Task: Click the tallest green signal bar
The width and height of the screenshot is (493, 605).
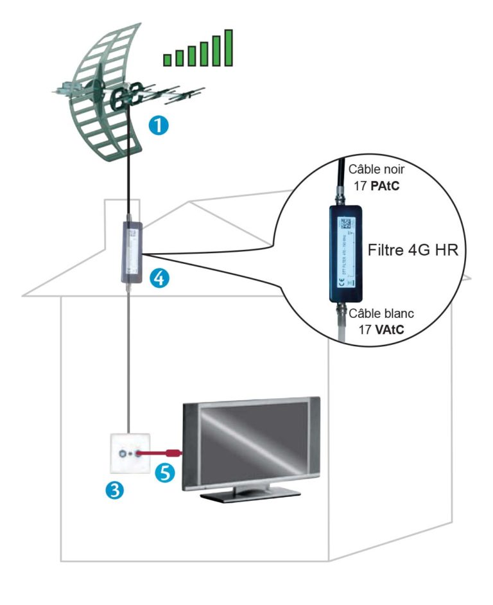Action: pos(228,48)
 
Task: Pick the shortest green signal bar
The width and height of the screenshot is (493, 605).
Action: pos(168,60)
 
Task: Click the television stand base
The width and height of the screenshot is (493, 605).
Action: pos(250,495)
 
